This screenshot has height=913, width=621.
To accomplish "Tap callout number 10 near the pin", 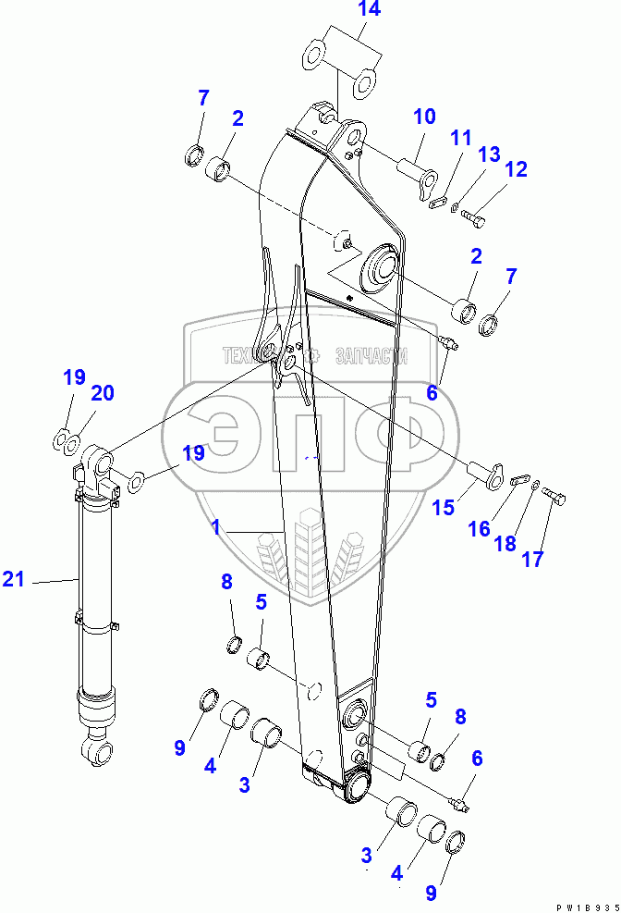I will pos(423,117).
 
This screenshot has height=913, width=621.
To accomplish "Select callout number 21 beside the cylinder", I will pos(13,580).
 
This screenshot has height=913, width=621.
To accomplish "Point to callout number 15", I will pos(444,507).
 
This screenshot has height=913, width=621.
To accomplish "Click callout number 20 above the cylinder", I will pos(102,393).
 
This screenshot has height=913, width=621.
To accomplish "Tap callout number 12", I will pos(516,169).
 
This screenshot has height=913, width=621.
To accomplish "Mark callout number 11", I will pos(460,138).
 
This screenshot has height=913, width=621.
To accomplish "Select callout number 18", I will pos(505,543).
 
